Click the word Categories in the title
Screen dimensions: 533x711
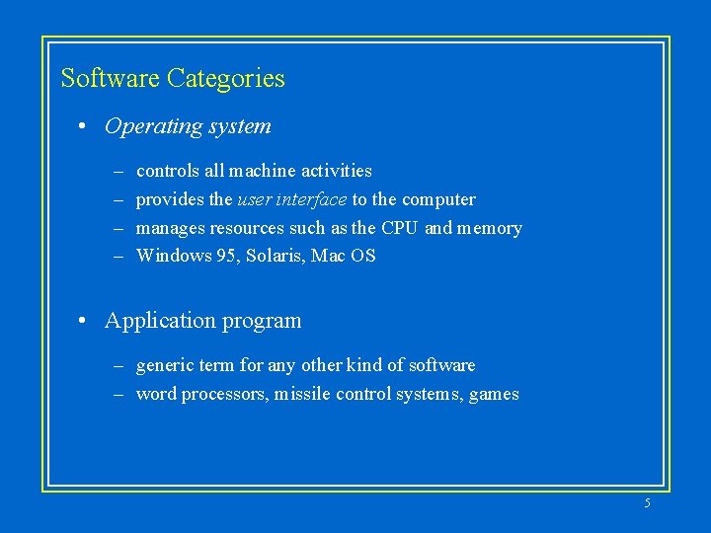pyautogui.click(x=226, y=79)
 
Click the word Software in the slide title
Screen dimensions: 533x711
pyautogui.click(x=111, y=78)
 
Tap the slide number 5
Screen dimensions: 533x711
pyautogui.click(x=647, y=503)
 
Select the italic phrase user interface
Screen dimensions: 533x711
pyautogui.click(x=292, y=199)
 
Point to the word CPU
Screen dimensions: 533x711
pyautogui.click(x=400, y=228)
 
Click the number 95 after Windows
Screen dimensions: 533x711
pyautogui.click(x=226, y=257)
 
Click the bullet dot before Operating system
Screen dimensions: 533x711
pyautogui.click(x=86, y=126)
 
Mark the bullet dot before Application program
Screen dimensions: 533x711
pyautogui.click(x=86, y=321)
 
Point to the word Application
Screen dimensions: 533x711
pyautogui.click(x=153, y=321)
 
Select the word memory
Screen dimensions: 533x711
pyautogui.click(x=490, y=228)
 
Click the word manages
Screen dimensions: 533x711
pyautogui.click(x=171, y=228)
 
